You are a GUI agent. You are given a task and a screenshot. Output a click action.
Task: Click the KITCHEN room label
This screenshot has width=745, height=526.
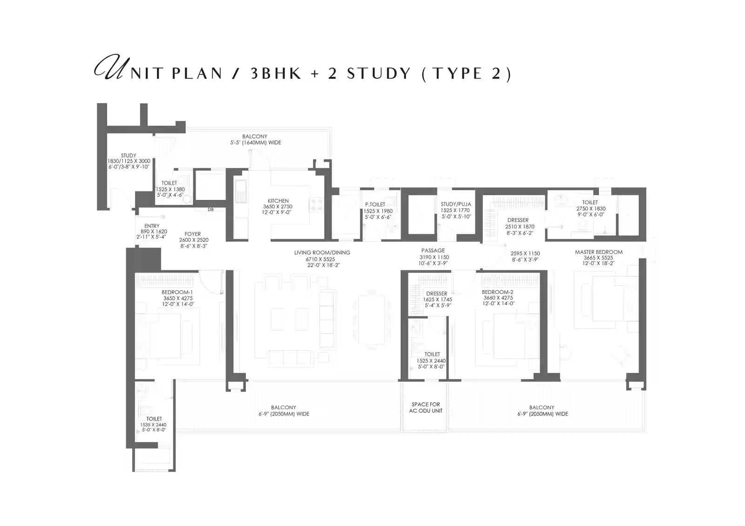click(x=278, y=201)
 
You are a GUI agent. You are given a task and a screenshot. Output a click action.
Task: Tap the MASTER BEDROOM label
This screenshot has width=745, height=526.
click(x=599, y=252)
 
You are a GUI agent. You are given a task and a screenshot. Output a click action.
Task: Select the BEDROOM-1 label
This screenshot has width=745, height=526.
click(x=177, y=292)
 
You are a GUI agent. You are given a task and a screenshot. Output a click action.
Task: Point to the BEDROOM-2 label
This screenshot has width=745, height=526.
click(x=498, y=292)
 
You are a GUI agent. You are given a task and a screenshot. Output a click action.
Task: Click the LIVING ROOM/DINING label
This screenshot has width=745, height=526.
click(x=322, y=253)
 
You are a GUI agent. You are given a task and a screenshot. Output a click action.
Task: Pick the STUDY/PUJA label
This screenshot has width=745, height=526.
click(x=456, y=204)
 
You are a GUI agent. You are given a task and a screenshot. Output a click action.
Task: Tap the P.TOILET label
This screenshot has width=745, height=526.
click(x=375, y=204)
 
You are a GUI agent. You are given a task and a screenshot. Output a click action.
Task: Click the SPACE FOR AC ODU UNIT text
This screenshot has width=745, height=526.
click(x=426, y=407)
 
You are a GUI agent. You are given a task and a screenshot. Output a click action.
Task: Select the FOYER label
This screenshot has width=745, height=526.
click(x=193, y=234)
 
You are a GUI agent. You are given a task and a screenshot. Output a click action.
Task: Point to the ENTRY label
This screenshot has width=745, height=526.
click(x=152, y=226)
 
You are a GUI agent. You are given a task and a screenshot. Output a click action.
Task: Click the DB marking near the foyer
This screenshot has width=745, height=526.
click(x=210, y=210)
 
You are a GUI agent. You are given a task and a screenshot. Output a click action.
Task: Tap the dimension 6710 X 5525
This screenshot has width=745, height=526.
click(x=320, y=259)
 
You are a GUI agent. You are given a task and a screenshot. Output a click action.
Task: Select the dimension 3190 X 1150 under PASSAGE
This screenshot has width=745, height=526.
click(x=434, y=257)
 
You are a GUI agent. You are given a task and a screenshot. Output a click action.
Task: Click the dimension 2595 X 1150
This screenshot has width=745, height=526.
click(x=525, y=253)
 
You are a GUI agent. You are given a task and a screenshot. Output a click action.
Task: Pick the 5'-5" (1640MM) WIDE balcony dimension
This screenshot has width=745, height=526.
click(x=256, y=143)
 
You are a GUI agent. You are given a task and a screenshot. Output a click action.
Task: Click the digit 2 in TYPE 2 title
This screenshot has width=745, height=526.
click(x=496, y=73)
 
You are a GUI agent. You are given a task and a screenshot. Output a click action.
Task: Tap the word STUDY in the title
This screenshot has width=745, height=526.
click(x=379, y=73)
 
